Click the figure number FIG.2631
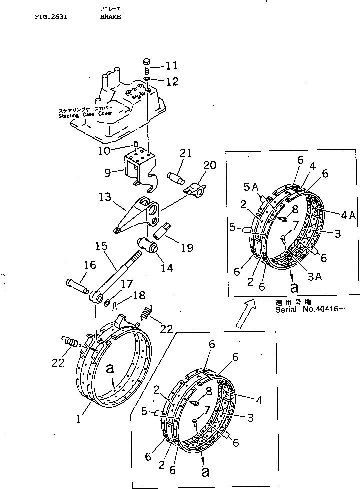[50, 16]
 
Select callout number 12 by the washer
[171, 81]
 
